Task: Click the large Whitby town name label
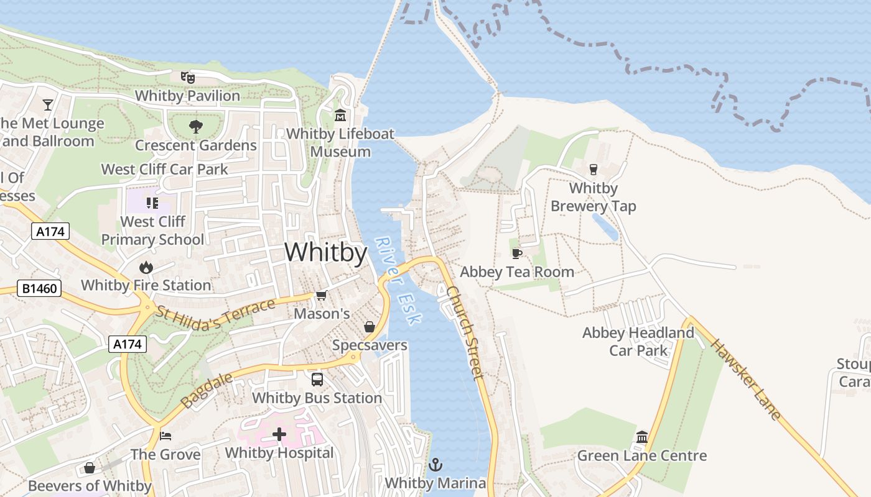pos(325,253)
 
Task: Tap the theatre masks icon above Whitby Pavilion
pos(188,77)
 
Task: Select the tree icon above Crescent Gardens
pos(196,127)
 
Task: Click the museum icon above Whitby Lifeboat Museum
pos(340,116)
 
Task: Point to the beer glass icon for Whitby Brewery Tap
pos(593,169)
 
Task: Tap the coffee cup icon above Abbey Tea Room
pos(516,253)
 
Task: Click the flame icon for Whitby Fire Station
pos(146,267)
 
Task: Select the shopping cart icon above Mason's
pos(321,295)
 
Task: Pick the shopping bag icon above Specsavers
pos(370,327)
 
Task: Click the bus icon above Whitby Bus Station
pos(317,379)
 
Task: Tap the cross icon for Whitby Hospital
pos(279,434)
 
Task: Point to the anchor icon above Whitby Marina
pos(435,464)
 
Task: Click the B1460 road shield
pos(39,288)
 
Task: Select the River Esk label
pos(398,281)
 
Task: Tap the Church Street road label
pos(464,332)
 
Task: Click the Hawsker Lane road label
pos(745,380)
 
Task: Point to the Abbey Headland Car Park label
pos(638,342)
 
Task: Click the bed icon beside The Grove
pos(165,435)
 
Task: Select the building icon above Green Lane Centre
pos(642,437)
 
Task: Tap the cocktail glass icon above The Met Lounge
pos(48,104)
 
